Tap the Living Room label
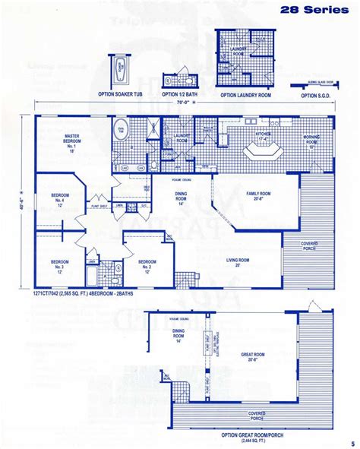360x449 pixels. point(238,262)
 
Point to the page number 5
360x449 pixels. point(352,444)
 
